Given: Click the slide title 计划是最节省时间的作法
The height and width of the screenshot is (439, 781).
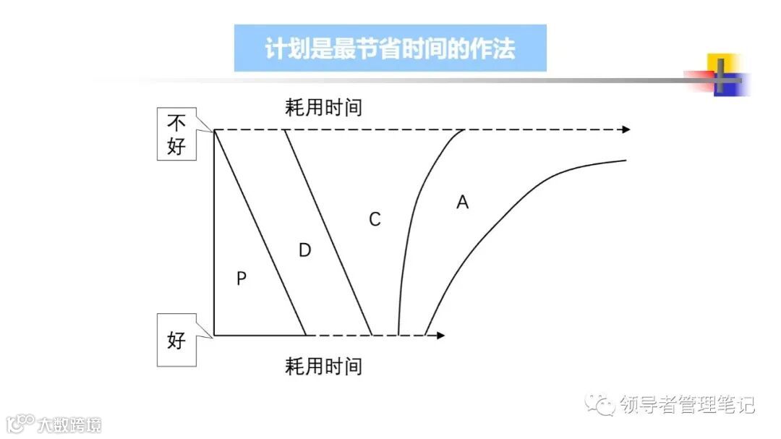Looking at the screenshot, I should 390,48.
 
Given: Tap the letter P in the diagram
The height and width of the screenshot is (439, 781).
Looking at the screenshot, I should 242,278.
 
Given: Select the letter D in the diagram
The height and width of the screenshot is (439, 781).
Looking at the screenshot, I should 304,250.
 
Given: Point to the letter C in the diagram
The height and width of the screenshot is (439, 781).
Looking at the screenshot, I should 375,220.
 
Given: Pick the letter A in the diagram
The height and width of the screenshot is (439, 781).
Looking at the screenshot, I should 463,203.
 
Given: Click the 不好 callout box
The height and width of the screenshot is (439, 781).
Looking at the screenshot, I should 176,134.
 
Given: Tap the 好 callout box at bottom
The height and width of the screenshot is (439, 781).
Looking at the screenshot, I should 176,340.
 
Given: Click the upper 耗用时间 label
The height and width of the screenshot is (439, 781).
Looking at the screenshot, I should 323,108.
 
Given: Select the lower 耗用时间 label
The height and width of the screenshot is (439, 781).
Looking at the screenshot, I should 323,366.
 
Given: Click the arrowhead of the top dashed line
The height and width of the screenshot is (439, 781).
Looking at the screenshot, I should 626,129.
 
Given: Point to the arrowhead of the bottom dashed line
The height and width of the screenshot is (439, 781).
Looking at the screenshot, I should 440,336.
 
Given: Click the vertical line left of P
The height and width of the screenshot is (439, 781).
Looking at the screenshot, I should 214,231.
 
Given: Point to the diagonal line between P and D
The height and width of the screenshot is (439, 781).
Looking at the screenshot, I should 260,233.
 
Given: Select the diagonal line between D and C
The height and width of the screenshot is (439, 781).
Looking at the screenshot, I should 328,233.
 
